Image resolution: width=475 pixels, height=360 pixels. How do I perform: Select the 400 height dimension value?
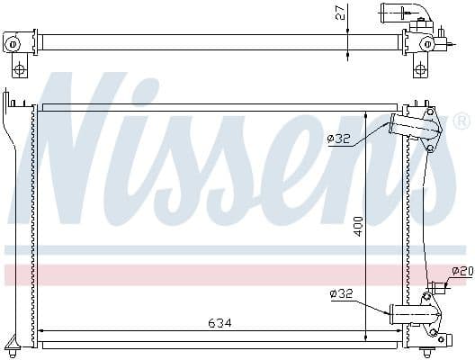click(357, 227)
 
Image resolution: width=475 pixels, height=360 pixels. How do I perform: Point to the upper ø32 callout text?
click(339, 138)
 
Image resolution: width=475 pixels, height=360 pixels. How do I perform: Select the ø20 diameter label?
click(462, 271)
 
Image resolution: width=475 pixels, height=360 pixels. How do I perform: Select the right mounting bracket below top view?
click(419, 67)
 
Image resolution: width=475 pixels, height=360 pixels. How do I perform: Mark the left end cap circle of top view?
click(13, 42)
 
